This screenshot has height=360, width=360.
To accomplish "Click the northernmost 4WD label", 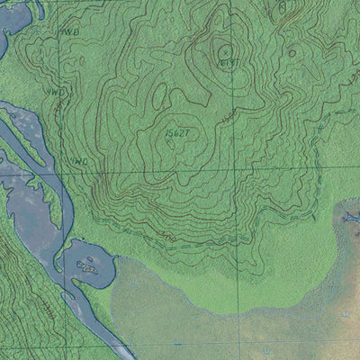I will click(69, 31).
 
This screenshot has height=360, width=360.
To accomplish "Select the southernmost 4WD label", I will click(79, 162).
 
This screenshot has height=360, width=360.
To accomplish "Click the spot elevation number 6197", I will click(229, 62).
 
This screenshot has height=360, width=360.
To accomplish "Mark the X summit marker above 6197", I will click(225, 50).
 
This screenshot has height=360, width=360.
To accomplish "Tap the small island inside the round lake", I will click(87, 265).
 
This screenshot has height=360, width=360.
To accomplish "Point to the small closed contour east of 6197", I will click(291, 53).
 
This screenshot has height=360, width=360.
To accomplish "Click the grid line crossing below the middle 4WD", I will click(61, 172).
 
